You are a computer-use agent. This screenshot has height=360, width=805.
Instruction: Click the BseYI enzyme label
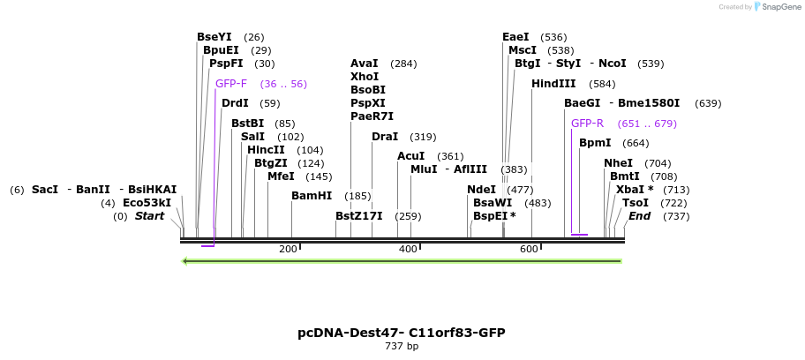(x=214, y=37)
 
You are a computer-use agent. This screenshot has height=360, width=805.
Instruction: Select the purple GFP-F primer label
(x=231, y=84)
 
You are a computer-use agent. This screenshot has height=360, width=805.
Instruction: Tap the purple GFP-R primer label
(x=587, y=124)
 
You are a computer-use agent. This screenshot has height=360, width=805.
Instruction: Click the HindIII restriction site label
(x=553, y=84)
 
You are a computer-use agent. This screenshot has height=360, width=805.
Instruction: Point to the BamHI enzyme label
(x=312, y=196)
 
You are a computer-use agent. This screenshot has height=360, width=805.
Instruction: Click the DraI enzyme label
(x=385, y=137)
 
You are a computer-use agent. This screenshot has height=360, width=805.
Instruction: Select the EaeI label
(x=515, y=37)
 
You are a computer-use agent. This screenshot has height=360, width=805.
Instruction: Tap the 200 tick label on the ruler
(x=288, y=250)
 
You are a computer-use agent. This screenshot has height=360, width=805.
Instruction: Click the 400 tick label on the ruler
(x=408, y=250)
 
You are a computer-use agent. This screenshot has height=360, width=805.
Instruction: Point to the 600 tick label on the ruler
(x=529, y=250)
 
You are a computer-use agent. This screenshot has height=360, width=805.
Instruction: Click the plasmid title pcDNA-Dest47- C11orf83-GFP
(x=402, y=333)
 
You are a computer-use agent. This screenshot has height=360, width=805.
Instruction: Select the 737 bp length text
(x=402, y=346)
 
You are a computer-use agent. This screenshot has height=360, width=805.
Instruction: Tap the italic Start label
(x=149, y=216)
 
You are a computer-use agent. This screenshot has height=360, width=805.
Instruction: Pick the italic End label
(x=639, y=216)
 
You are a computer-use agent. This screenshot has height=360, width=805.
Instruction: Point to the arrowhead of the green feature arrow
(x=184, y=261)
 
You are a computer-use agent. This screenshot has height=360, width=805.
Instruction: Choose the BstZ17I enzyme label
(x=358, y=216)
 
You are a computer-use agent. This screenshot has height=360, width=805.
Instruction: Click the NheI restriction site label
(x=618, y=163)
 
